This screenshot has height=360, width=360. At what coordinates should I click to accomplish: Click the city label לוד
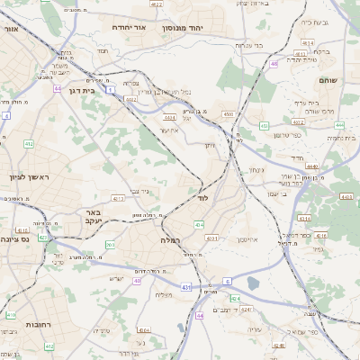point(202,196)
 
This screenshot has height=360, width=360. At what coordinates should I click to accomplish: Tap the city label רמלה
point(171,240)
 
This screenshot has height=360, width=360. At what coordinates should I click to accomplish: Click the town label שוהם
point(327,81)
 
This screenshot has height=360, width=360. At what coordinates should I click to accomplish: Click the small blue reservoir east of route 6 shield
point(251,283)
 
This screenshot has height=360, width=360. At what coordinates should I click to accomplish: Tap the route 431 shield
point(185,286)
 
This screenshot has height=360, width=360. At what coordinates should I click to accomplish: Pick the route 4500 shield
point(229,114)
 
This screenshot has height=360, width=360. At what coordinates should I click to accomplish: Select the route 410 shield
point(11,315)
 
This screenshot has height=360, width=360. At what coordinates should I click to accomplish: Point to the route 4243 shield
point(235,298)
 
